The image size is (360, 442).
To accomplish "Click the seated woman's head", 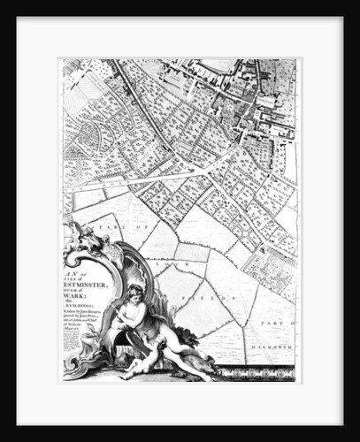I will [134, 293].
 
